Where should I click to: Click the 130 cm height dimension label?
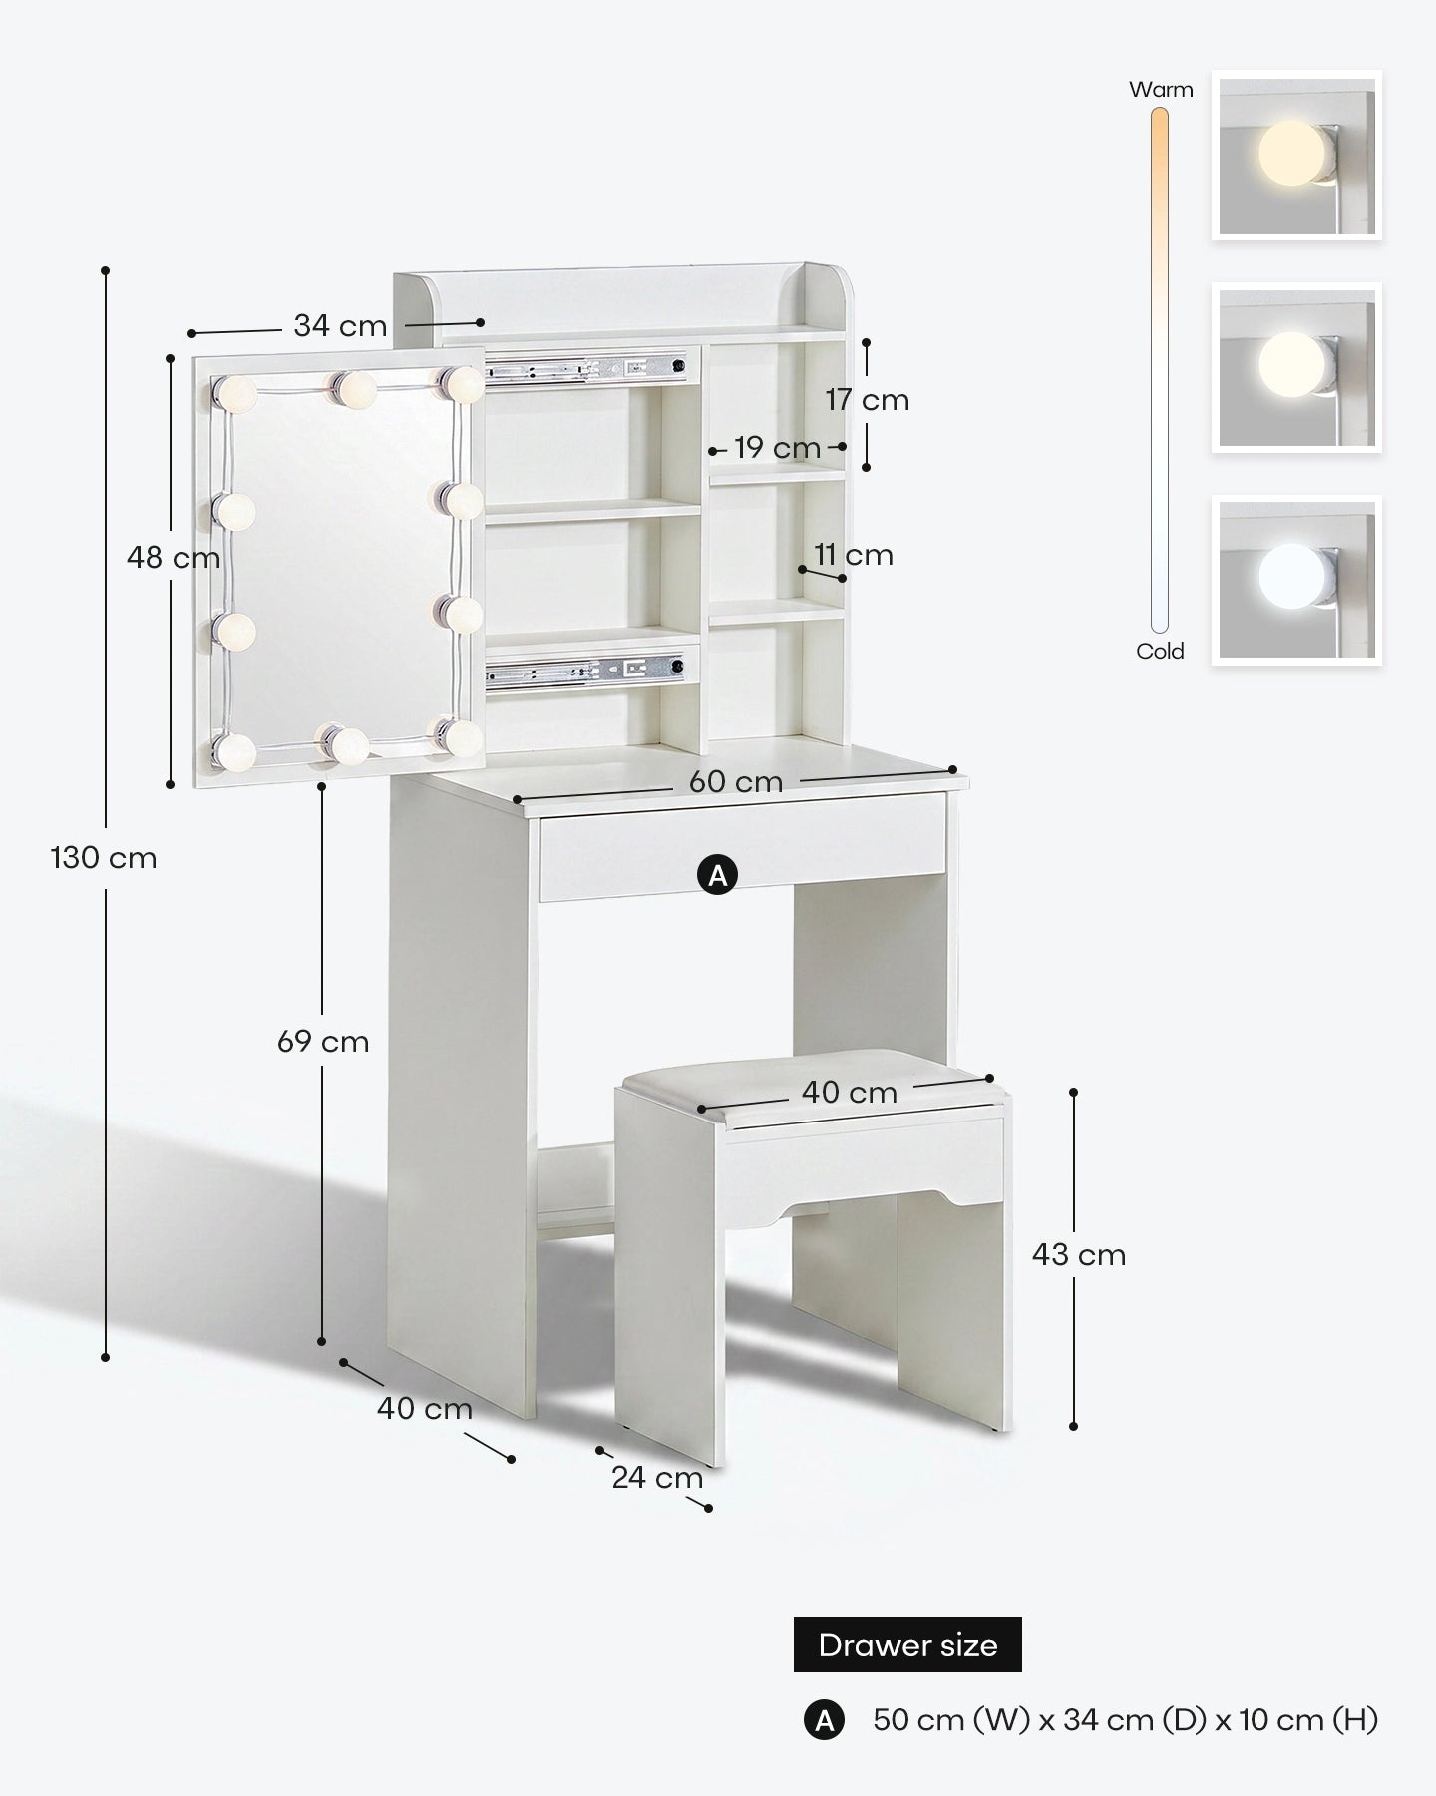104,858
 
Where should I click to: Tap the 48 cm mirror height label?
174,558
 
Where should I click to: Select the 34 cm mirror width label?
340,326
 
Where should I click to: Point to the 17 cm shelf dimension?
867,400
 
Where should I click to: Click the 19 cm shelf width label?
778,448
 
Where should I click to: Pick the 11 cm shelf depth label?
854,555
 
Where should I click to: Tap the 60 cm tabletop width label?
736,782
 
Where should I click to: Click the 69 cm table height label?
323,1042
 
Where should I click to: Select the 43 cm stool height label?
1079,1255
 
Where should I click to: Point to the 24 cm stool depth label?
657,1478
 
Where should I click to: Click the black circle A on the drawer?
717,876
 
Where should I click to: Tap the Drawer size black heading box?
907,1645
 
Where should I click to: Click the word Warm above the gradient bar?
1161,90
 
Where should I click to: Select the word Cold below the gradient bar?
1160,652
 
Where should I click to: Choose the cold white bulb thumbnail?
1296,581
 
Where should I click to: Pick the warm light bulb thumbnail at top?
1296,155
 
